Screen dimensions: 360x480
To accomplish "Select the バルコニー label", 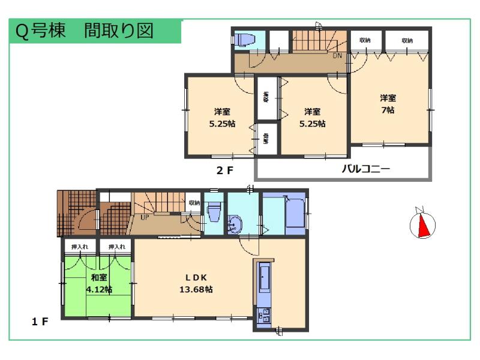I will point(365,169).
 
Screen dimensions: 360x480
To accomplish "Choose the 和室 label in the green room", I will point(99,278).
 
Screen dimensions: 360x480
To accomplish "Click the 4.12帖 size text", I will point(99,289).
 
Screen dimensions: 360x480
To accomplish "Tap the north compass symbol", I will point(422,224).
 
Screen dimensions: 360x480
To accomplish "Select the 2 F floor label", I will point(224,170).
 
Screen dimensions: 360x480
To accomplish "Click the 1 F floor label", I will point(40,322).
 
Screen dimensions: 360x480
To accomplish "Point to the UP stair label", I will point(145,217).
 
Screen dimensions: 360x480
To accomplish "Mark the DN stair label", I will point(338,55).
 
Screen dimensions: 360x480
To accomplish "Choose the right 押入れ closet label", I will point(116,247).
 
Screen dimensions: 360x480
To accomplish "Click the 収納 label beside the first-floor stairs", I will point(193,203).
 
